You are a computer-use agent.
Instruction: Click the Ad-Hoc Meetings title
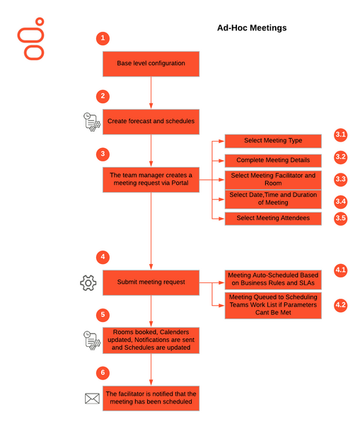click(x=252, y=28)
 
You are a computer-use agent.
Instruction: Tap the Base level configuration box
click(x=151, y=64)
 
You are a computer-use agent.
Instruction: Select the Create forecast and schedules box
click(x=151, y=122)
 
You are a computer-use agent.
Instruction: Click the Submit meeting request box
click(x=151, y=282)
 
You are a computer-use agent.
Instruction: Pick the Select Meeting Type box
click(x=273, y=141)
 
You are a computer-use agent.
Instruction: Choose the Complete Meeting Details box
click(x=273, y=161)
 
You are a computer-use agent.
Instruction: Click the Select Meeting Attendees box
click(x=273, y=219)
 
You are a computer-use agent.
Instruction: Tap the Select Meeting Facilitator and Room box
click(x=273, y=180)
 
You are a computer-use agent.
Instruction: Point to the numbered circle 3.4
click(x=340, y=202)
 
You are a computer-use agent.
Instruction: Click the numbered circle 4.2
click(x=340, y=305)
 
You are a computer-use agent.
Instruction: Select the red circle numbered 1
click(x=103, y=38)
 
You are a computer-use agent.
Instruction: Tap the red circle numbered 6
click(x=103, y=373)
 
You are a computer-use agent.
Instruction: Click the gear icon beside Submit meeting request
click(x=88, y=283)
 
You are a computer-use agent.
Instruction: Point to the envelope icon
click(x=92, y=399)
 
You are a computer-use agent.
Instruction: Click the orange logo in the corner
click(x=31, y=39)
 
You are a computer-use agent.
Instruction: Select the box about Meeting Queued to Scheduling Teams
click(x=273, y=305)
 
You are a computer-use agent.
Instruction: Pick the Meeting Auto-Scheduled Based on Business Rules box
click(x=273, y=280)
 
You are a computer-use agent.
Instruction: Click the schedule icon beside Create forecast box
click(x=92, y=122)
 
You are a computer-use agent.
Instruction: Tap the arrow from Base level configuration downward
click(x=151, y=93)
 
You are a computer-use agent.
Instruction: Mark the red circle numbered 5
click(x=103, y=315)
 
